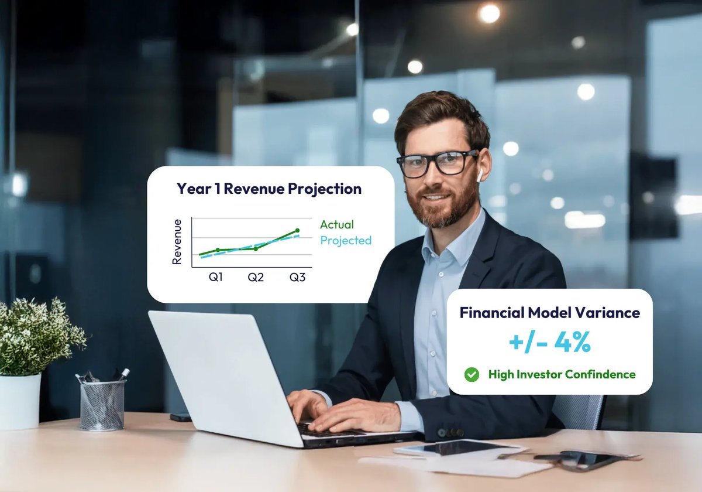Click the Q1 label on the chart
tap(216, 277)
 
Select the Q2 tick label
tap(256, 277)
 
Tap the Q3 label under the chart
tap(297, 277)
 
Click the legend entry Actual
tap(337, 224)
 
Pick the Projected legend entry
tap(346, 240)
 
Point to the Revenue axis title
tap(177, 241)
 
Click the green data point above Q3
tap(297, 231)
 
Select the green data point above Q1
tap(218, 250)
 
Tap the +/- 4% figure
tap(549, 343)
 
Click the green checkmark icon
tap(472, 374)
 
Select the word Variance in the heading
tap(608, 313)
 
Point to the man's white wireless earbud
tap(478, 174)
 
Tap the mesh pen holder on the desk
tap(102, 404)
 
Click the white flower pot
tap(19, 401)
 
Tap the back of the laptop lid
tap(222, 375)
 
